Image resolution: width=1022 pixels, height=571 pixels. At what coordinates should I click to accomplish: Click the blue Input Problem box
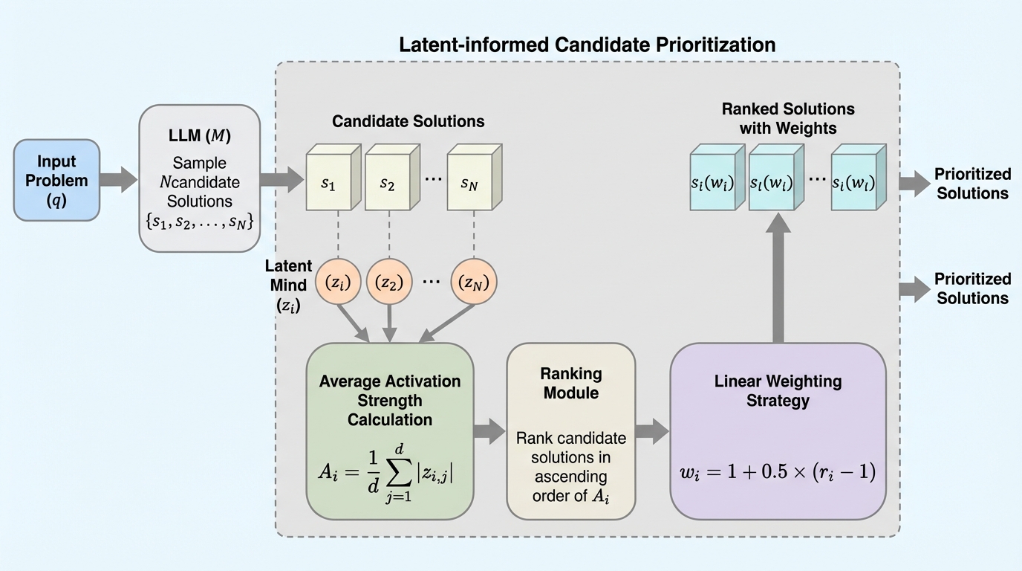click(56, 180)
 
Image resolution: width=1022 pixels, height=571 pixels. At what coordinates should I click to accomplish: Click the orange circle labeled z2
click(388, 282)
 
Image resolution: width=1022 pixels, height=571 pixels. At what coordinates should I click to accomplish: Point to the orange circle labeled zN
click(474, 282)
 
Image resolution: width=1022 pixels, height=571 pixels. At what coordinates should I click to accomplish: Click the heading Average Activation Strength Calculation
click(390, 400)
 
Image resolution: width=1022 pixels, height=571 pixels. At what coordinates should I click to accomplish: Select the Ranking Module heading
click(571, 382)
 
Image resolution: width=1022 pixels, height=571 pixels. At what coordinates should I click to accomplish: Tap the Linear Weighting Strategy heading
click(778, 390)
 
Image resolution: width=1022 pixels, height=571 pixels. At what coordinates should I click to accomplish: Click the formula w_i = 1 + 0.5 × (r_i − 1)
click(778, 471)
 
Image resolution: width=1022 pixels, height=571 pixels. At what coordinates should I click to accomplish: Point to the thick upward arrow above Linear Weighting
click(778, 275)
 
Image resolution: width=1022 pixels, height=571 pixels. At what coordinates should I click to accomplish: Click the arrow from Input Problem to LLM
click(119, 179)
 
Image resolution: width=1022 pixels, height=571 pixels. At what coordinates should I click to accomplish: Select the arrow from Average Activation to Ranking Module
click(489, 431)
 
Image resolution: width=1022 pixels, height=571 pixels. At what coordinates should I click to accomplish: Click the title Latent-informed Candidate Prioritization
click(587, 45)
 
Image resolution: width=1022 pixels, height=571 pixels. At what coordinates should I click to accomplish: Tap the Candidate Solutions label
click(408, 121)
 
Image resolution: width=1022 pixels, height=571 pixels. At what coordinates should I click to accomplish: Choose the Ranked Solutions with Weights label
click(787, 118)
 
